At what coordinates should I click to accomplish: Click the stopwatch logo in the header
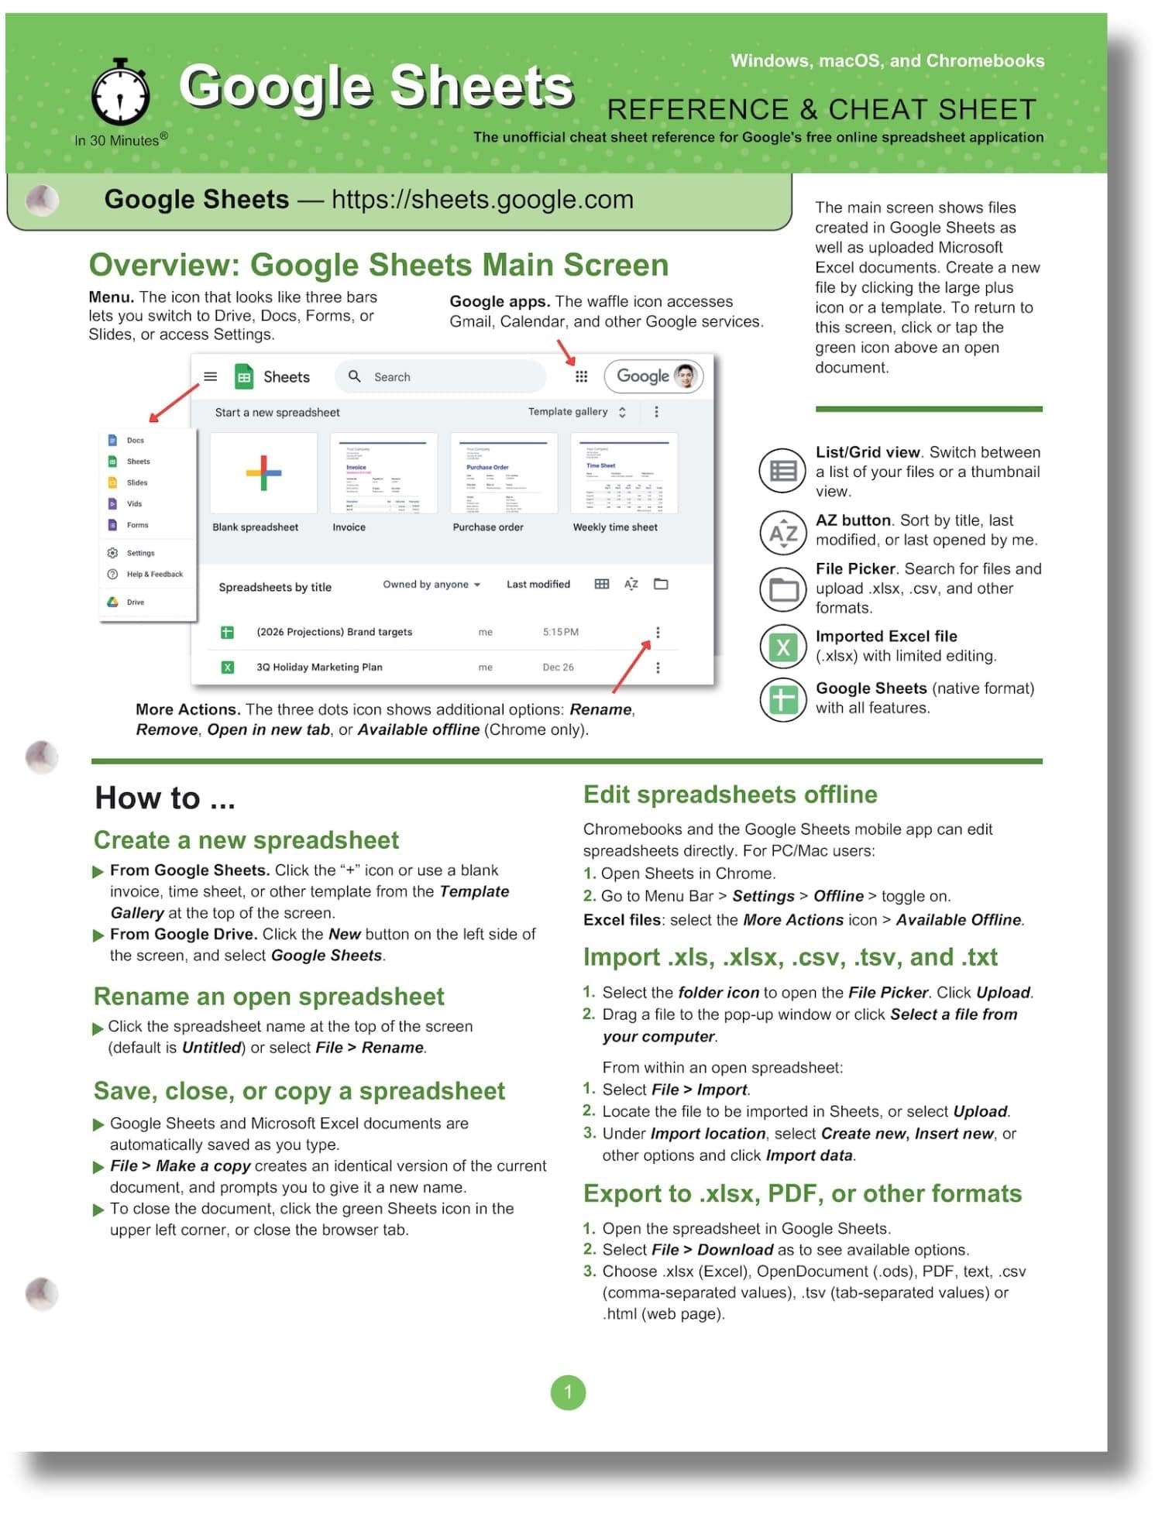coord(120,94)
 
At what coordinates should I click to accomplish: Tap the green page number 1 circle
coord(568,1392)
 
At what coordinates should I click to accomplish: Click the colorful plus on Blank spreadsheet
coord(263,473)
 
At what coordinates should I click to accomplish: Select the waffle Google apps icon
coord(581,376)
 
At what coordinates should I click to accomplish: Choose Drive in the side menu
coord(135,602)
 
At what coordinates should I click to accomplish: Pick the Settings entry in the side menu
coord(140,553)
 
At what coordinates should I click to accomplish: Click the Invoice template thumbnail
coord(383,473)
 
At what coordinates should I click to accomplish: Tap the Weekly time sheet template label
coord(615,527)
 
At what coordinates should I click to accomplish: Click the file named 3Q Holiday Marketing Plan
coord(319,667)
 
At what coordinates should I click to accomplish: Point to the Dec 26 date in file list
coord(558,667)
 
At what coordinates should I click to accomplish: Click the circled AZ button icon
coord(783,533)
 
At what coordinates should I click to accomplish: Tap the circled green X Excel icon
coord(783,647)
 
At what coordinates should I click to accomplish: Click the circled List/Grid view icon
coord(783,471)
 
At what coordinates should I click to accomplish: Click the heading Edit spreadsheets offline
coord(730,795)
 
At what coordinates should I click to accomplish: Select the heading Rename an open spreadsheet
coord(269,996)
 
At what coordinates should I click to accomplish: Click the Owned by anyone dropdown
coord(431,585)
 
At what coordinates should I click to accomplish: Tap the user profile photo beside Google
coord(685,376)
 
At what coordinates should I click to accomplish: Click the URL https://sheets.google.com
coord(482,200)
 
